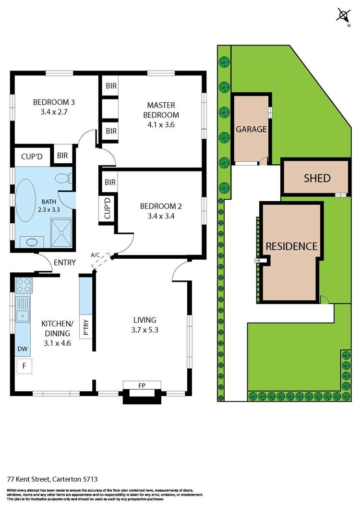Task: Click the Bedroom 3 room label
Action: click(53, 102)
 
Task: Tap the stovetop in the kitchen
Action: click(23, 286)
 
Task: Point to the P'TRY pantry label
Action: click(86, 326)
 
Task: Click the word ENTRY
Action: click(65, 262)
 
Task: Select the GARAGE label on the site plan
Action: click(251, 129)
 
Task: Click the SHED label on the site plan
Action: click(317, 178)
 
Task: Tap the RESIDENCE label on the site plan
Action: click(292, 246)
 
